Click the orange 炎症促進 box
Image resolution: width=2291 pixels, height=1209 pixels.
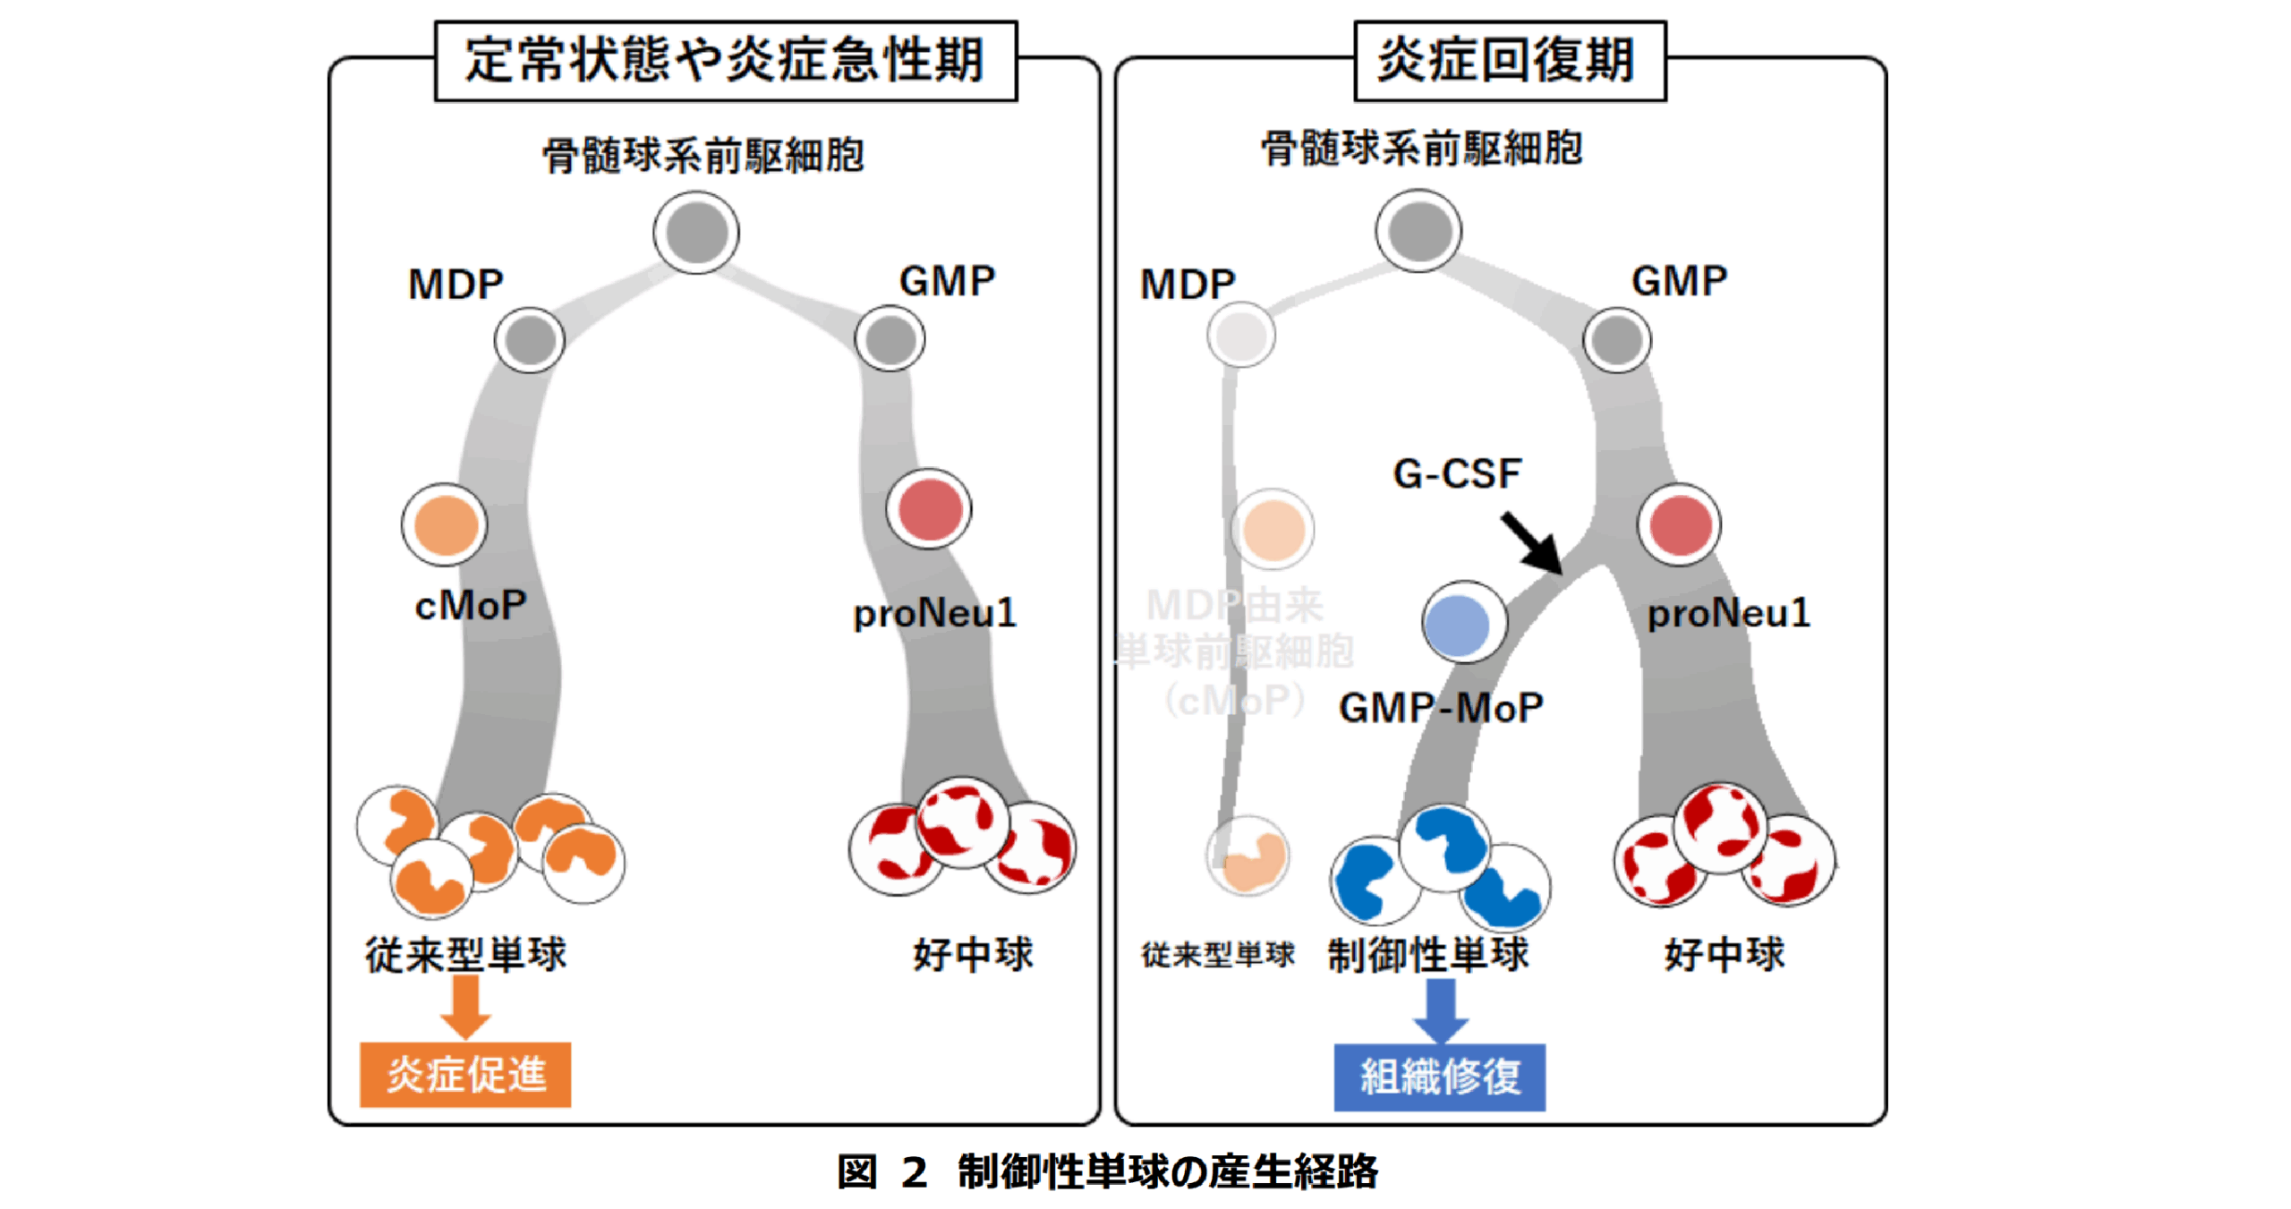coord(464,1073)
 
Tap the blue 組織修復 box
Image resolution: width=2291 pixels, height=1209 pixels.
coord(1438,1076)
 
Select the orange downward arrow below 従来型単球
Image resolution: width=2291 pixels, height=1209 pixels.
coord(464,1006)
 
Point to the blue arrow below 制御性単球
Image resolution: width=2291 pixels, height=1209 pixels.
coord(1439,1009)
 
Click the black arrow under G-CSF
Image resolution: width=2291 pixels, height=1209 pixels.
coord(1531,542)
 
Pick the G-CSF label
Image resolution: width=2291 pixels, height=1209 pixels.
coord(1456,473)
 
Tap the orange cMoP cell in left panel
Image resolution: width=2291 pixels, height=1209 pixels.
coord(445,525)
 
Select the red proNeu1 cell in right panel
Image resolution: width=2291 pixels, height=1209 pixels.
coord(1679,525)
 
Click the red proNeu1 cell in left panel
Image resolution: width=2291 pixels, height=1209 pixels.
coord(929,509)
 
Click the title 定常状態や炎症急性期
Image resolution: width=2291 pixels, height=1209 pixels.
coord(724,61)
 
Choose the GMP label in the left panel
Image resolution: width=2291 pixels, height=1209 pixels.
coord(946,281)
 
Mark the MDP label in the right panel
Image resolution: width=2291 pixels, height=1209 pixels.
coord(1187,285)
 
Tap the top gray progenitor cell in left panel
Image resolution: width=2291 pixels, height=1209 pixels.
coord(695,232)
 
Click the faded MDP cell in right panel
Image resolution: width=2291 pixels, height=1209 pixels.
coord(1240,335)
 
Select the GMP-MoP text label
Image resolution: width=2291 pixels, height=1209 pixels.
coord(1440,708)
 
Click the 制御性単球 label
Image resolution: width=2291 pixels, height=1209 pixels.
coord(1427,955)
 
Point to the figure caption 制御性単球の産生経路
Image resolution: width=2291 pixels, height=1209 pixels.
coord(1167,1171)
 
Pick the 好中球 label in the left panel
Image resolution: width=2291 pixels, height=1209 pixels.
coord(972,955)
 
